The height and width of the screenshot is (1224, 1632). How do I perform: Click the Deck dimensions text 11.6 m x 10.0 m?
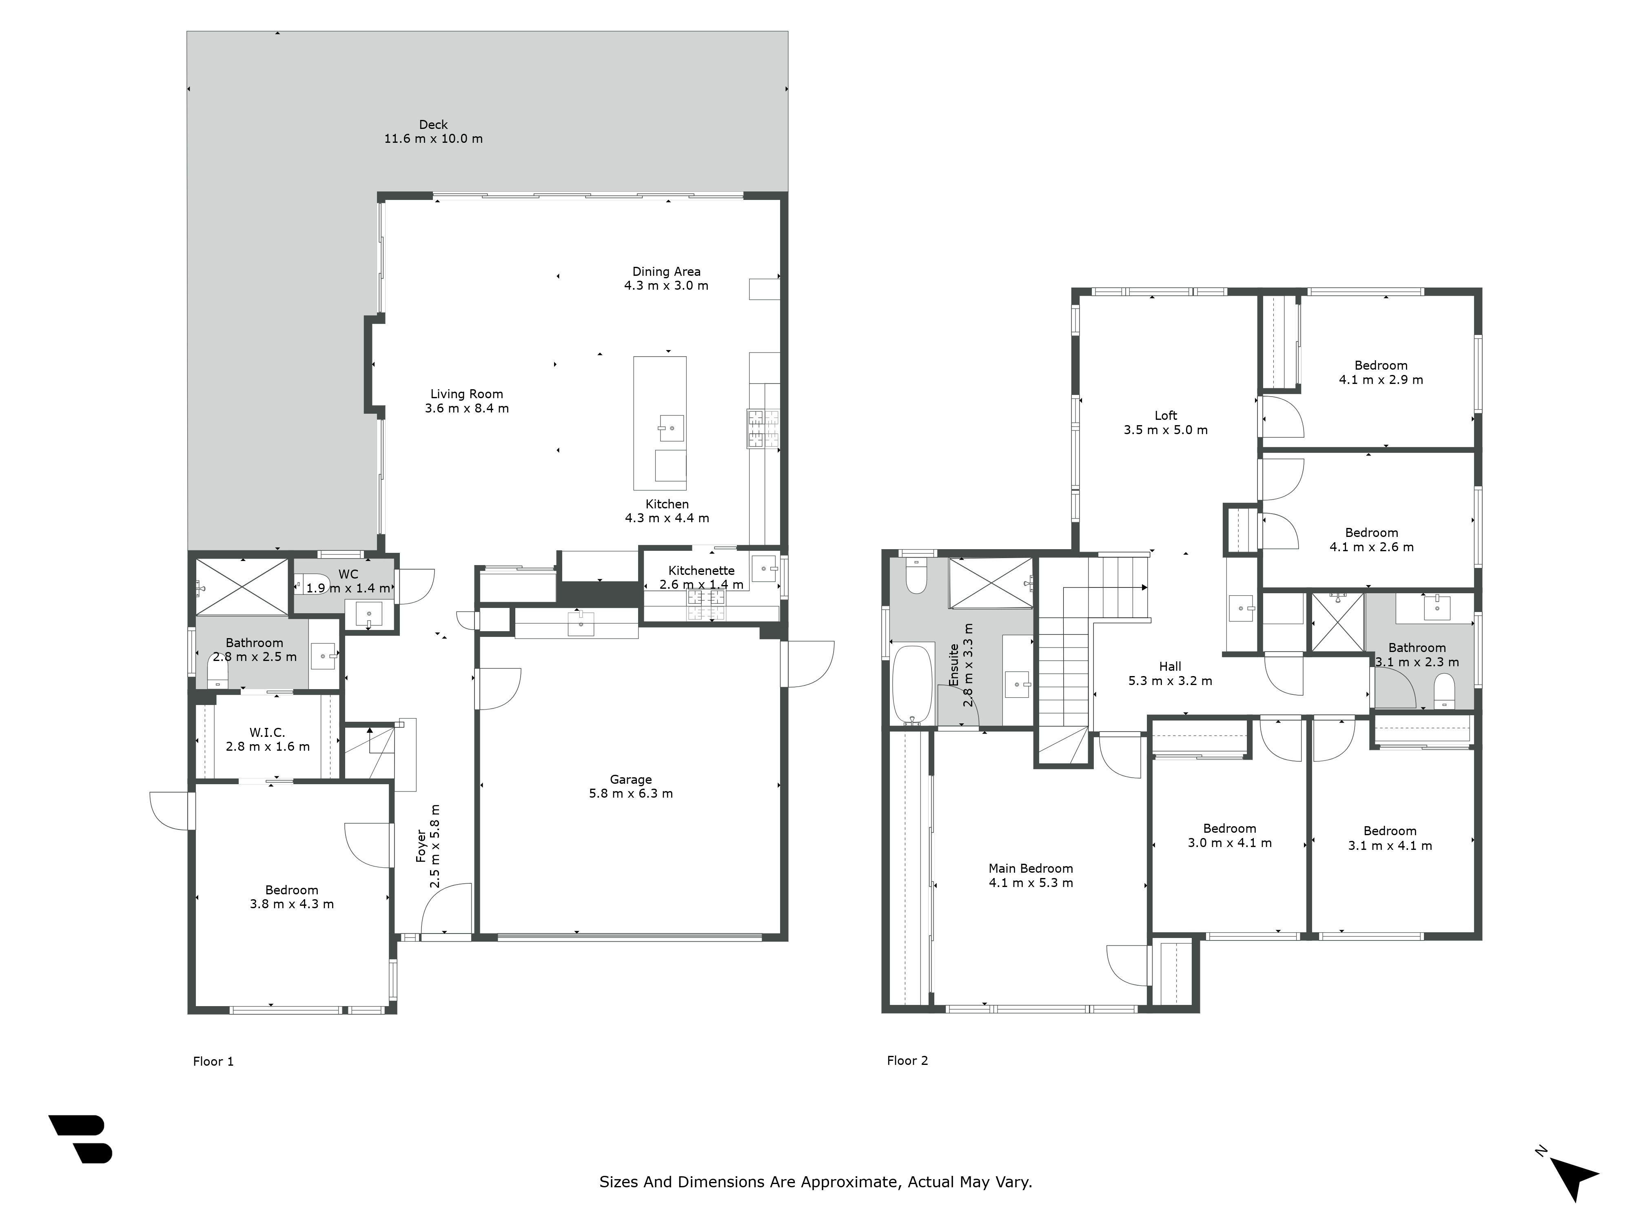pos(433,139)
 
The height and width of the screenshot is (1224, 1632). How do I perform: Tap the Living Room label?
pos(466,394)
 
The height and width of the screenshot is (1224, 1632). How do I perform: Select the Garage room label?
pos(630,779)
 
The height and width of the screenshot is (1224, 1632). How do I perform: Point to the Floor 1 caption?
pos(213,1061)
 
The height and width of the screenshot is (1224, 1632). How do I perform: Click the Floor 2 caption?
pos(907,1060)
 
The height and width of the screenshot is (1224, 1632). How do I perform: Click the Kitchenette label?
pos(701,570)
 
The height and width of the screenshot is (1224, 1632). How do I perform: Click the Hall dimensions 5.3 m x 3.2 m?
pos(1169,681)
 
